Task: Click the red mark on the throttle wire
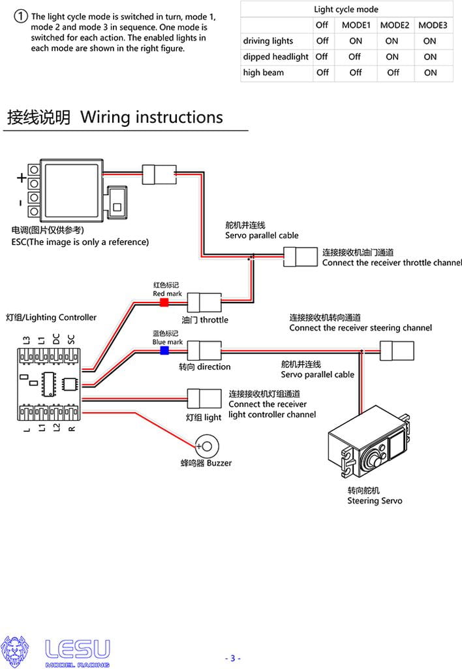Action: [x=164, y=302]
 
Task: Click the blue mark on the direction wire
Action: [x=164, y=350]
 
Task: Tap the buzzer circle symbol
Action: [x=207, y=446]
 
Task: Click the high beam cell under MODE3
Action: [x=430, y=73]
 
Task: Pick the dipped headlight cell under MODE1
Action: [x=355, y=57]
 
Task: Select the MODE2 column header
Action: [x=394, y=25]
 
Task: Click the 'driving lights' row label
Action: [x=268, y=41]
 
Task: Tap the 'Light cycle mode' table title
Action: [x=346, y=9]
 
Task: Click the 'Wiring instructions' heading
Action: [x=151, y=118]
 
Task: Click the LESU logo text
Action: [x=78, y=648]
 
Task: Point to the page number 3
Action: [x=232, y=658]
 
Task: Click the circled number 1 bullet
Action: [x=21, y=16]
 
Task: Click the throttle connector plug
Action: [x=205, y=303]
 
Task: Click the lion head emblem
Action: [x=14, y=651]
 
